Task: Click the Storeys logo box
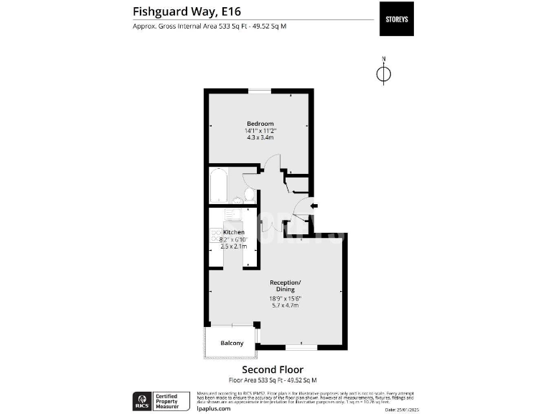click(396, 19)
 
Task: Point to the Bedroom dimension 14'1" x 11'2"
click(260, 131)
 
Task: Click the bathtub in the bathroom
click(218, 186)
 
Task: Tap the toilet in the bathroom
click(248, 195)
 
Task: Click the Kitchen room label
click(234, 232)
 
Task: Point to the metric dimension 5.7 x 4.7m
click(284, 305)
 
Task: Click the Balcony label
click(232, 343)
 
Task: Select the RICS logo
click(141, 399)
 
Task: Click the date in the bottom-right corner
click(401, 410)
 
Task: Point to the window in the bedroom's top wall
click(259, 90)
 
